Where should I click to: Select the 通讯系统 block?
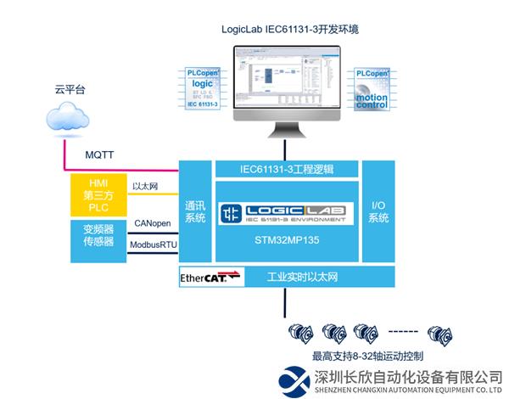tap(194, 211)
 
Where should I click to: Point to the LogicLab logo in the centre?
tap(287, 212)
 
